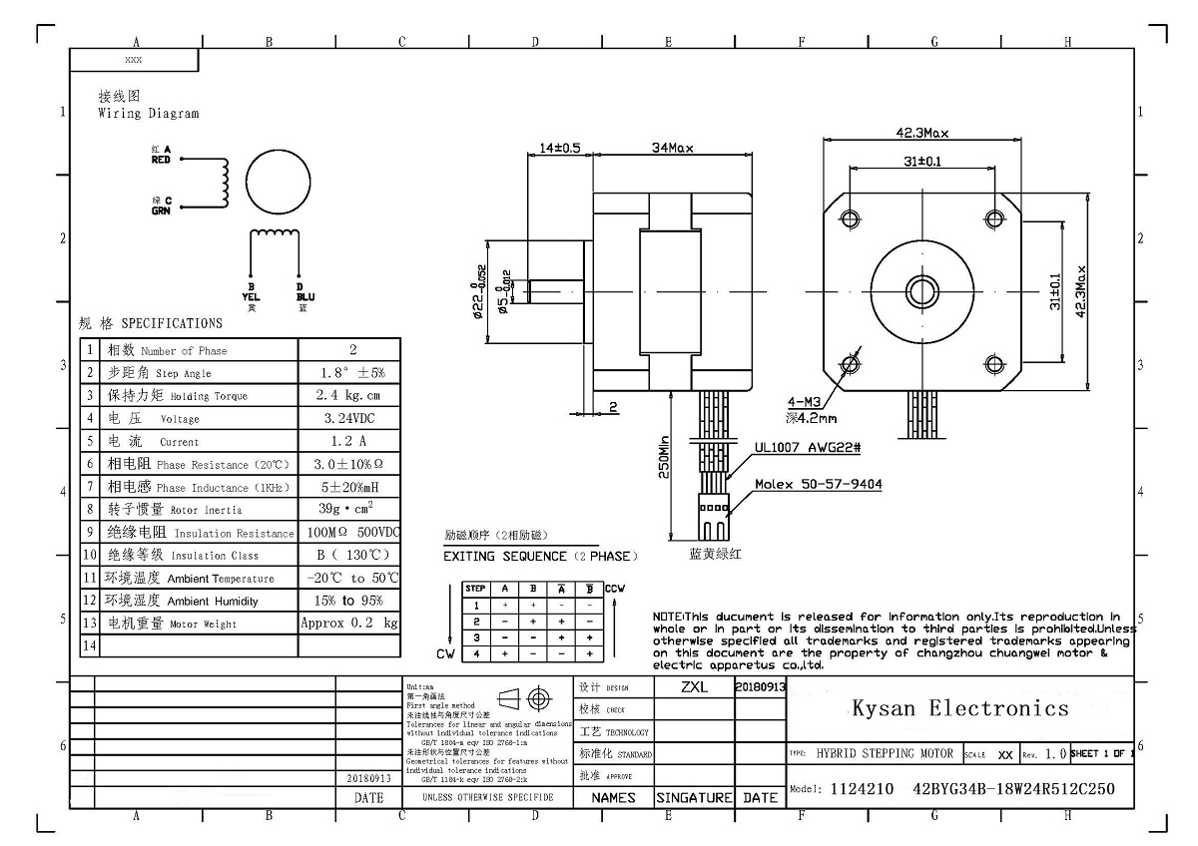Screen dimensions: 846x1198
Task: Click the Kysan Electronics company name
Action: coord(959,709)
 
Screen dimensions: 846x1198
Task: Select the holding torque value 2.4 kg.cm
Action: coord(349,395)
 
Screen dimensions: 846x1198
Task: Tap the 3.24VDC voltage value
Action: coord(349,418)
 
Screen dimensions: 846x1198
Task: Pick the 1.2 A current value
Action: coord(349,441)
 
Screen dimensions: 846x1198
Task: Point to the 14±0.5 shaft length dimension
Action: coord(560,148)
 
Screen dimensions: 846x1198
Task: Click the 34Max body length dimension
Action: coord(672,148)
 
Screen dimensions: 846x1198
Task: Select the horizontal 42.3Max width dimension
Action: coord(921,133)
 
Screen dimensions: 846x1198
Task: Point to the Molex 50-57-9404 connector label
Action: coord(818,485)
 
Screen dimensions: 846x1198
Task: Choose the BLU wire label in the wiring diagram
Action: coord(304,296)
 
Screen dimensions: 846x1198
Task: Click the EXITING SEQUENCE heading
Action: coord(538,556)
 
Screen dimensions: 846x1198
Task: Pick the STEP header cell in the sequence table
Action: coord(476,589)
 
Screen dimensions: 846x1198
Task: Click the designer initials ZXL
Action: coord(693,687)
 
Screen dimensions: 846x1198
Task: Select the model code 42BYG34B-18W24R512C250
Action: coord(1014,788)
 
